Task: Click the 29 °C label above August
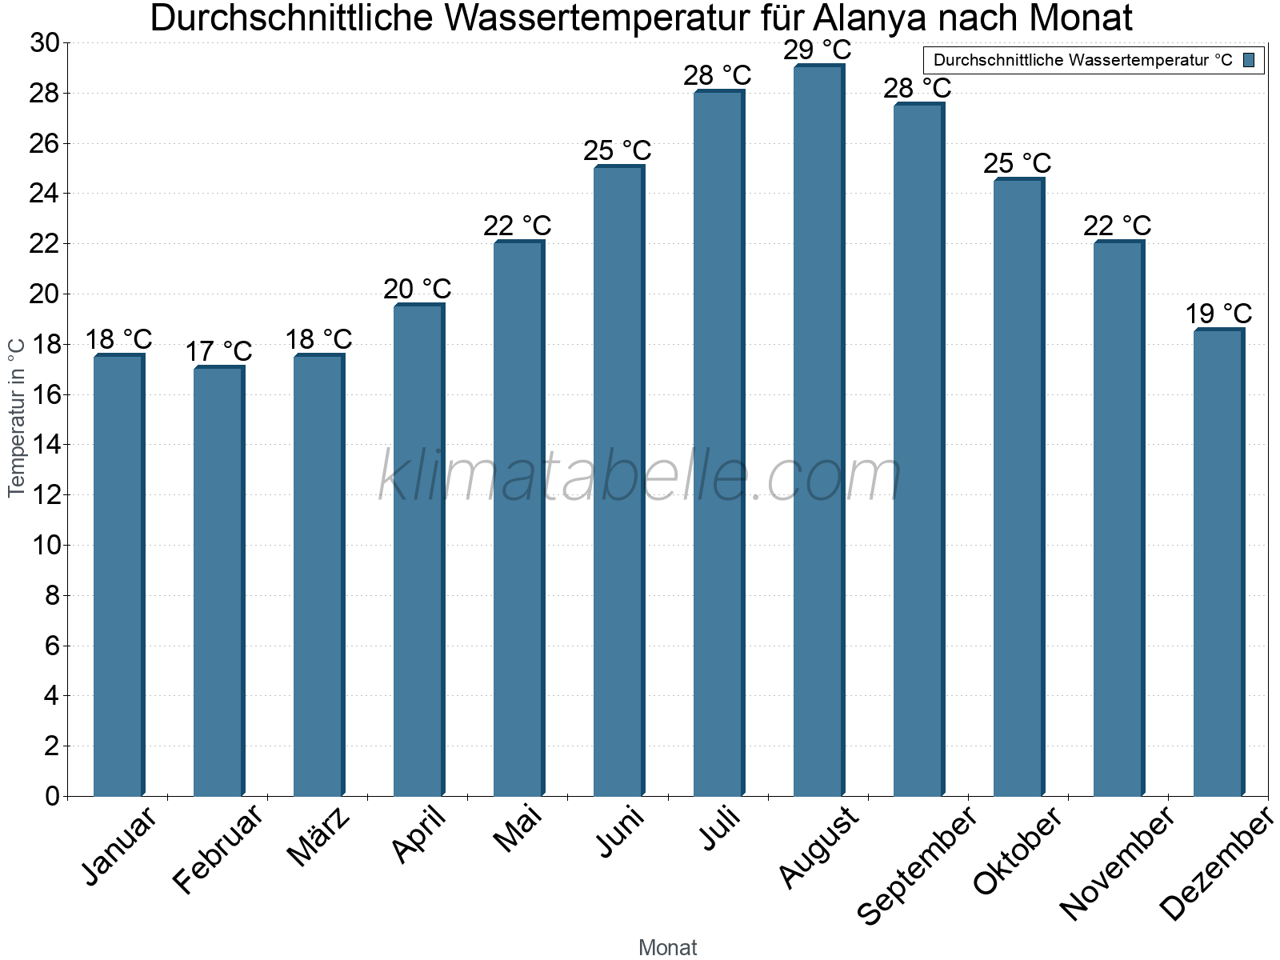pyautogui.click(x=818, y=50)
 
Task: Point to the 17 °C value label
pyautogui.click(x=218, y=351)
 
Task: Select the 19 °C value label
pyautogui.click(x=1218, y=314)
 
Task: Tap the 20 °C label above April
pyautogui.click(x=418, y=289)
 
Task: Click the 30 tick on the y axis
pyautogui.click(x=45, y=43)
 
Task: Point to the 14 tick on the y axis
pyautogui.click(x=45, y=445)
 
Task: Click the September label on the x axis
pyautogui.click(x=916, y=865)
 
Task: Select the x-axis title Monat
pyautogui.click(x=668, y=948)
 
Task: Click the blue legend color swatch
pyautogui.click(x=1249, y=60)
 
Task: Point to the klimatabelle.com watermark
pyautogui.click(x=640, y=476)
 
